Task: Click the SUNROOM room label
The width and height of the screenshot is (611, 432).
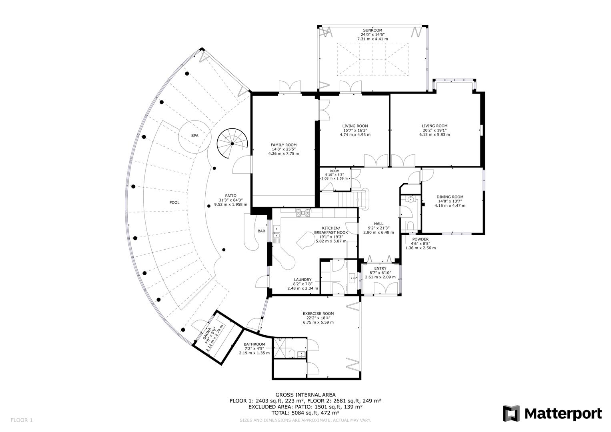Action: (x=372, y=30)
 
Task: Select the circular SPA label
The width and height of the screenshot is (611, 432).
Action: (x=194, y=136)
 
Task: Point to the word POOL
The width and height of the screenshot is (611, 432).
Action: (x=174, y=202)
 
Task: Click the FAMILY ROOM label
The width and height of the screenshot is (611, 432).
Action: (x=283, y=145)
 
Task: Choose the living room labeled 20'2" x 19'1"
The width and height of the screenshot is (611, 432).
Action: (x=434, y=126)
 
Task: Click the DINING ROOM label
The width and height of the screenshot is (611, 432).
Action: (x=450, y=197)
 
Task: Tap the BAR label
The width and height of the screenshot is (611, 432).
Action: (x=261, y=231)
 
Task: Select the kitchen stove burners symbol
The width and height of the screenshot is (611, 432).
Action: (x=303, y=213)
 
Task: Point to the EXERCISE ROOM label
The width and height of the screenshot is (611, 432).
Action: (x=318, y=314)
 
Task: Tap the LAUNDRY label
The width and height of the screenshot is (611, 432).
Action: (x=302, y=280)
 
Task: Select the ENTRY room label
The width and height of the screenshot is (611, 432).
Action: (x=380, y=268)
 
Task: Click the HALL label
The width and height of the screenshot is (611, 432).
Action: (x=379, y=224)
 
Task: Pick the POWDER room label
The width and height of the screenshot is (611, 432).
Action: (x=420, y=239)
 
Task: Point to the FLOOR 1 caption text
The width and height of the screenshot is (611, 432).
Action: (x=21, y=420)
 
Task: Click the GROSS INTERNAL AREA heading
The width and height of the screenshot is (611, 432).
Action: (x=305, y=395)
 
